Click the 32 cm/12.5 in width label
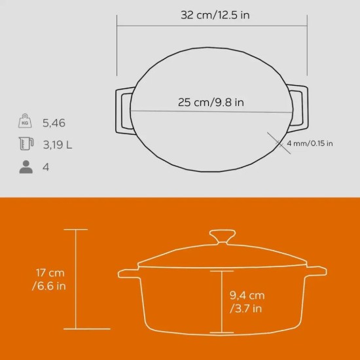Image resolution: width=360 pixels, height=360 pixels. [215, 15]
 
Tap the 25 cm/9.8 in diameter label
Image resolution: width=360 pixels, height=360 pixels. [211, 102]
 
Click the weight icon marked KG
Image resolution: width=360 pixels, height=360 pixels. [26, 122]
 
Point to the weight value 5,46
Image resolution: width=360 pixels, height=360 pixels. [54, 122]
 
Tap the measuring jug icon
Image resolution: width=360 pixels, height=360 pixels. [26, 145]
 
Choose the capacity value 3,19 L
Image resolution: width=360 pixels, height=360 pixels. [58, 145]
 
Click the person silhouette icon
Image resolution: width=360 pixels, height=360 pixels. [26, 167]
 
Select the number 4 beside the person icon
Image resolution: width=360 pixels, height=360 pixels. [45, 167]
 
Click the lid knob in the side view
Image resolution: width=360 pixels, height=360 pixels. [223, 237]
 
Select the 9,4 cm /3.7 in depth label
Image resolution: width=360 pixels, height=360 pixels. [247, 302]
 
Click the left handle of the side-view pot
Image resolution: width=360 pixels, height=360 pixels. [128, 272]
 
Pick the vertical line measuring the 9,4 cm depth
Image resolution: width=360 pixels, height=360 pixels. [222, 301]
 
